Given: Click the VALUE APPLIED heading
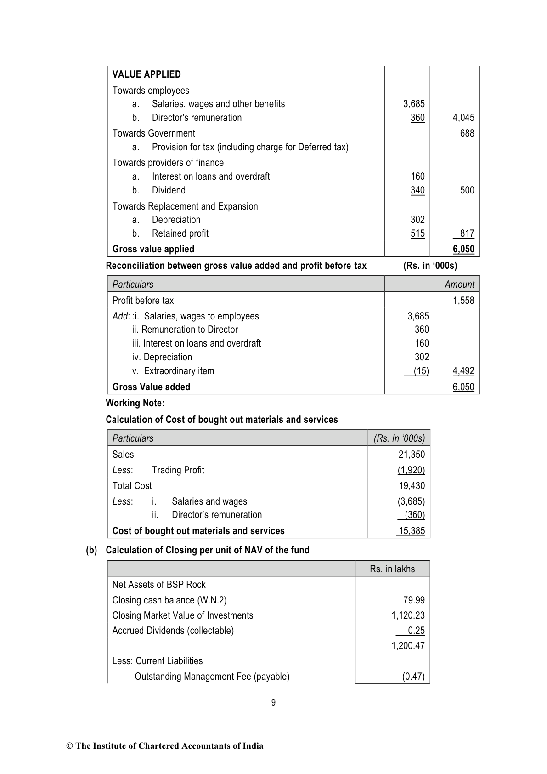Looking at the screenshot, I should pyautogui.click(x=147, y=74).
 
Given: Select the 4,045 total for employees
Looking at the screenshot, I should pyautogui.click(x=463, y=118).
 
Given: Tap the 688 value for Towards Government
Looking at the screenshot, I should pyautogui.click(x=467, y=133).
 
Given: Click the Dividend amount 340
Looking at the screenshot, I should pyautogui.click(x=417, y=190).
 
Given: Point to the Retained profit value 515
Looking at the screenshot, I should pyautogui.click(x=417, y=233).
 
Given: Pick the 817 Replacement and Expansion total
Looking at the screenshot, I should pyautogui.click(x=467, y=233).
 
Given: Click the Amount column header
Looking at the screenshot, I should pyautogui.click(x=459, y=284).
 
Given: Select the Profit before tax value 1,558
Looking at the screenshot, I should pyautogui.click(x=463, y=301).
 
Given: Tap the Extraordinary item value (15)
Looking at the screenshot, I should pyautogui.click(x=421, y=371).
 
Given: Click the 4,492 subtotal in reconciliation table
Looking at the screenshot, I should pyautogui.click(x=463, y=371).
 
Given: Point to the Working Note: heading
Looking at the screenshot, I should pyautogui.click(x=135, y=403).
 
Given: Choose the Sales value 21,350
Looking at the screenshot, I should pyautogui.click(x=412, y=455).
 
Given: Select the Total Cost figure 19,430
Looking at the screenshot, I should pyautogui.click(x=412, y=486).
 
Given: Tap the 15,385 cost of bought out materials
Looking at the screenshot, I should pyautogui.click(x=412, y=531).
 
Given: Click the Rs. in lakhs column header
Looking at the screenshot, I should pyautogui.click(x=392, y=569).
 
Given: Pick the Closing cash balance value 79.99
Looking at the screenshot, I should pyautogui.click(x=414, y=600).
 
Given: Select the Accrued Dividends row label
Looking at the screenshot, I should pyautogui.click(x=173, y=631).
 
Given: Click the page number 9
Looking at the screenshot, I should pyautogui.click(x=273, y=702).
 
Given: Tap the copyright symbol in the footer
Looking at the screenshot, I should pyautogui.click(x=70, y=746).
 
